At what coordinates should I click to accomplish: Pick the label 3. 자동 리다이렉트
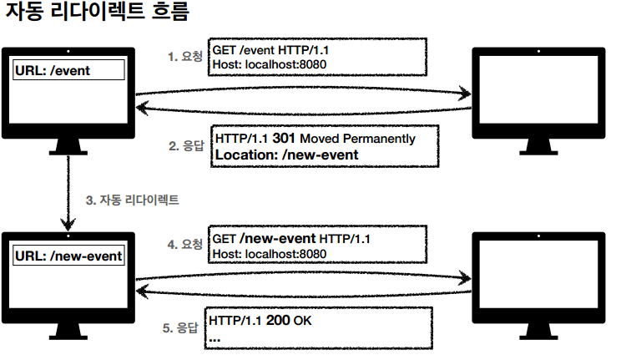(x=133, y=200)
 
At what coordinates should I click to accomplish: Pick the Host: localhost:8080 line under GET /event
(x=268, y=63)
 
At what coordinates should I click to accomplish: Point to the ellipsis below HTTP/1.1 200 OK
(x=215, y=338)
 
